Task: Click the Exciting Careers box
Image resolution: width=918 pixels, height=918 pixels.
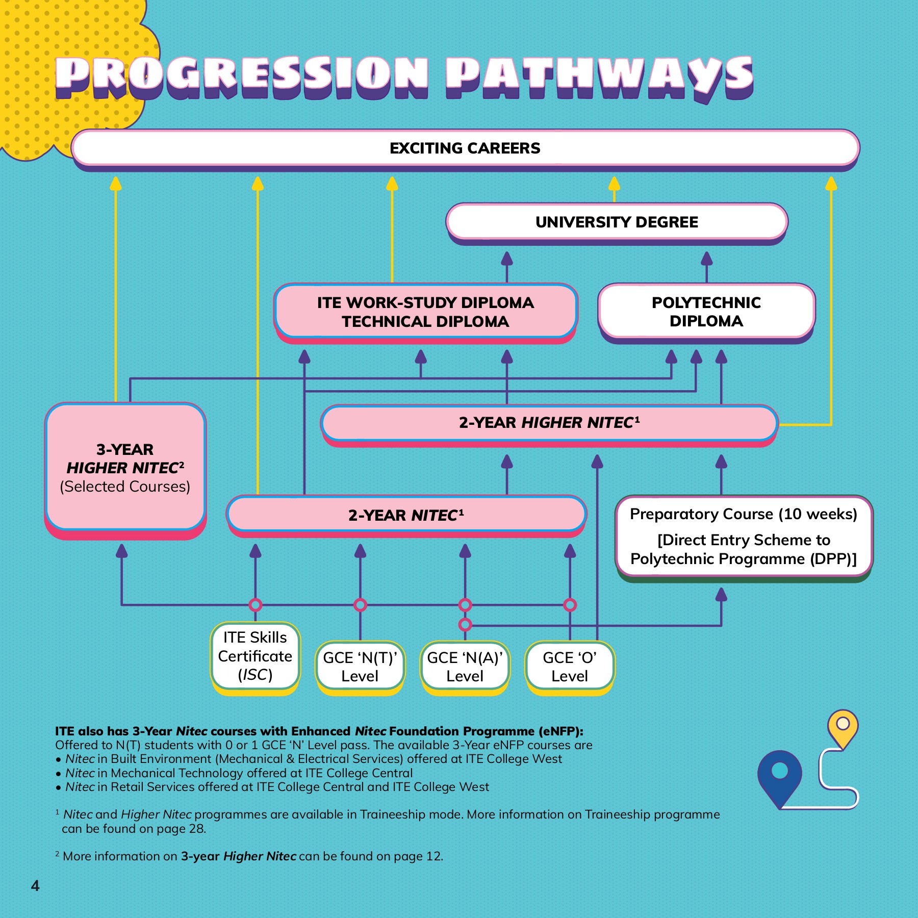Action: pos(465,148)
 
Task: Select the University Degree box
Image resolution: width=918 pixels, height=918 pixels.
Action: pos(617,222)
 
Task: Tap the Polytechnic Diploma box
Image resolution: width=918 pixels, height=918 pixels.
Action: pos(706,312)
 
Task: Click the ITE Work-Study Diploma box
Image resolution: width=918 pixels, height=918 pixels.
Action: pos(425,312)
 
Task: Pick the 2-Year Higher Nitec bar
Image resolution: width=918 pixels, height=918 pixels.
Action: pos(549,422)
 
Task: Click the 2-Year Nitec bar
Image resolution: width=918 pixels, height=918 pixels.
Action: pos(406,515)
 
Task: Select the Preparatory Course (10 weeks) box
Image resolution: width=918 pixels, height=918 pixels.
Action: pos(744,536)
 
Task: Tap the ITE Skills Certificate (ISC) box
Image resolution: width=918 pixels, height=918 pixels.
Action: pos(255,656)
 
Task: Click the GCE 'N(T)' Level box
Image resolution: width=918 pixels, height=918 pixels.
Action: pos(360,667)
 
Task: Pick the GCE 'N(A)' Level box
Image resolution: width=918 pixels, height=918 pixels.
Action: pos(465,667)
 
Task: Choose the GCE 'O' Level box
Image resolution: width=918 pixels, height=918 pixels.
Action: pos(570,667)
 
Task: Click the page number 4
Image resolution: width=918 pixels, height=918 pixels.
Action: pos(35,885)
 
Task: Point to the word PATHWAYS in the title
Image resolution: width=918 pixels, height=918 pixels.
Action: pos(599,76)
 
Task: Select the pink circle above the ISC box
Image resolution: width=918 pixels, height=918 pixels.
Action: pos(256,605)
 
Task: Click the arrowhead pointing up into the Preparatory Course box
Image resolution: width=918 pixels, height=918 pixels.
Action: pos(721,595)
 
